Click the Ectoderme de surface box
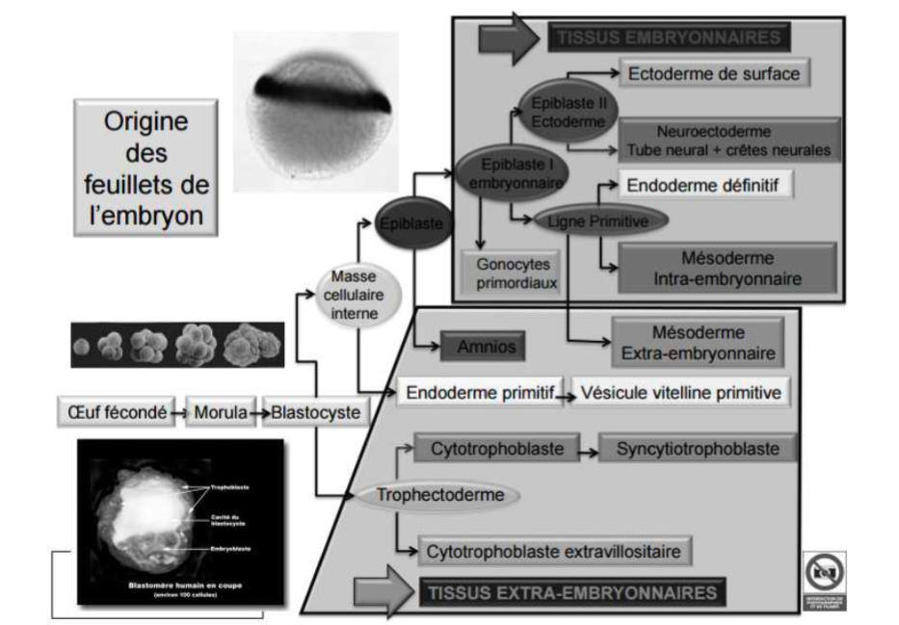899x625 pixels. pyautogui.click(x=714, y=73)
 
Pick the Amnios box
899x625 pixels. pyautogui.click(x=481, y=346)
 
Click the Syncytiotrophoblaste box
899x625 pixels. pyautogui.click(x=699, y=448)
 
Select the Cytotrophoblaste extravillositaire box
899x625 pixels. pyautogui.click(x=557, y=552)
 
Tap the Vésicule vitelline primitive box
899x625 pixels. pyautogui.click(x=681, y=392)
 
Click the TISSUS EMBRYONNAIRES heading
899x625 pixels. pyautogui.click(x=669, y=39)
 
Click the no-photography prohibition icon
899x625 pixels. pyautogui.click(x=825, y=574)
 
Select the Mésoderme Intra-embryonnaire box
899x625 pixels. pyautogui.click(x=727, y=269)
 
